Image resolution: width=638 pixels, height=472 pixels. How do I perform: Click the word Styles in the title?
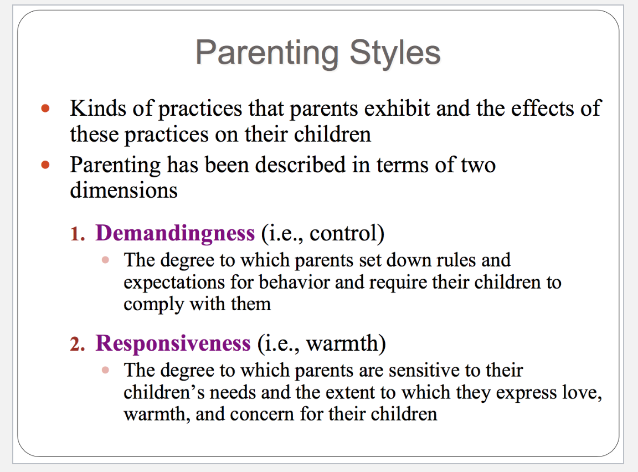[395, 53]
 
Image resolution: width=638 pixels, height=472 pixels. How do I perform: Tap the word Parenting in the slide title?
[267, 53]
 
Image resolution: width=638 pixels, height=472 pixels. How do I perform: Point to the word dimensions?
[124, 190]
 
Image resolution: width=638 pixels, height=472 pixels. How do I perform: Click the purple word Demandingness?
[175, 233]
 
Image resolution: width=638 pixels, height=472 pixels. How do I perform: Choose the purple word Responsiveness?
[173, 343]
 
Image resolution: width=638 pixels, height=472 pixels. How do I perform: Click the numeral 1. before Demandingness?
[78, 234]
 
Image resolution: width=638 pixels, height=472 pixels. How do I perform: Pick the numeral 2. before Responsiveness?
[78, 345]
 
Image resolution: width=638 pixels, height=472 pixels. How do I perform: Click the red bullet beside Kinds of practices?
[45, 109]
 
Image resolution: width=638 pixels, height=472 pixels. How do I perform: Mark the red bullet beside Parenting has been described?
[45, 165]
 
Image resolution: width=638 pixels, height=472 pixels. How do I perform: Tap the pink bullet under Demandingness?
[105, 260]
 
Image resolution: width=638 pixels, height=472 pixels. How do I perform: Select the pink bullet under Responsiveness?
[105, 370]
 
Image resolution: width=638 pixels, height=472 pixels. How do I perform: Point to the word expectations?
[174, 283]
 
